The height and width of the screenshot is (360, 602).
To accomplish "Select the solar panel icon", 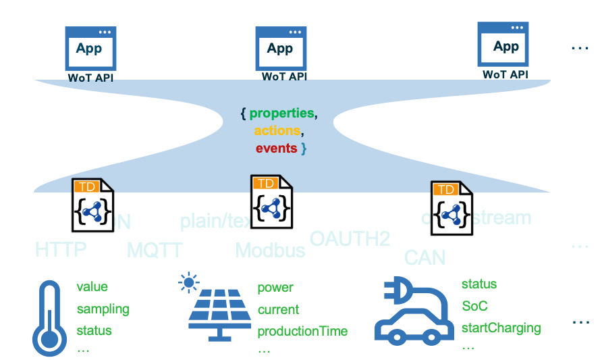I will pyautogui.click(x=219, y=312).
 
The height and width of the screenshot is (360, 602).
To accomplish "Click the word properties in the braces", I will pyautogui.click(x=282, y=113).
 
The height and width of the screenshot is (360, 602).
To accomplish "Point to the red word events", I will pyautogui.click(x=277, y=148).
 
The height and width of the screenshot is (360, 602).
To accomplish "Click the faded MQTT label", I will pyautogui.click(x=155, y=251).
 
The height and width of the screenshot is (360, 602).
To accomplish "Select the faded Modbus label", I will pyautogui.click(x=270, y=251).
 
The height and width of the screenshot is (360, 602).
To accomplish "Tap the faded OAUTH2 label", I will pyautogui.click(x=350, y=238).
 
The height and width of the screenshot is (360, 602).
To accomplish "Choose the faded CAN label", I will pyautogui.click(x=425, y=257).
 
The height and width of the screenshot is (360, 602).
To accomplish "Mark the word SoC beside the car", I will pyautogui.click(x=474, y=306).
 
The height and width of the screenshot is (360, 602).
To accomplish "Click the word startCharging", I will pyautogui.click(x=501, y=328).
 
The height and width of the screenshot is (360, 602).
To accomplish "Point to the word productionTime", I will pyautogui.click(x=302, y=331).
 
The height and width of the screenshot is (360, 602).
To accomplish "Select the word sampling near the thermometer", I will pyautogui.click(x=103, y=309).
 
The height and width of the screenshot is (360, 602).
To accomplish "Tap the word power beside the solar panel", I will pyautogui.click(x=275, y=288).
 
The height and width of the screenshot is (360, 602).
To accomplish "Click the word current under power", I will pyautogui.click(x=278, y=309).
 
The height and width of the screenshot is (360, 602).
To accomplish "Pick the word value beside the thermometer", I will pyautogui.click(x=92, y=287).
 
